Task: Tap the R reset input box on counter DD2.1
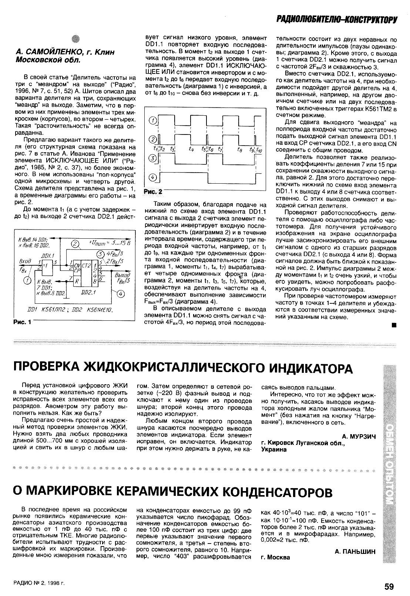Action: pyautogui.click(x=77, y=281)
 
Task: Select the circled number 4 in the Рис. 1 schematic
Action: pyautogui.click(x=122, y=294)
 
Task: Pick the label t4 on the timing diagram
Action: pyautogui.click(x=191, y=149)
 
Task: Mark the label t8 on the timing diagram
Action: pyautogui.click(x=239, y=149)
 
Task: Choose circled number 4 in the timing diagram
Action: pyautogui.click(x=152, y=178)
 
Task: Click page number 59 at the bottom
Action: pyautogui.click(x=389, y=586)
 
